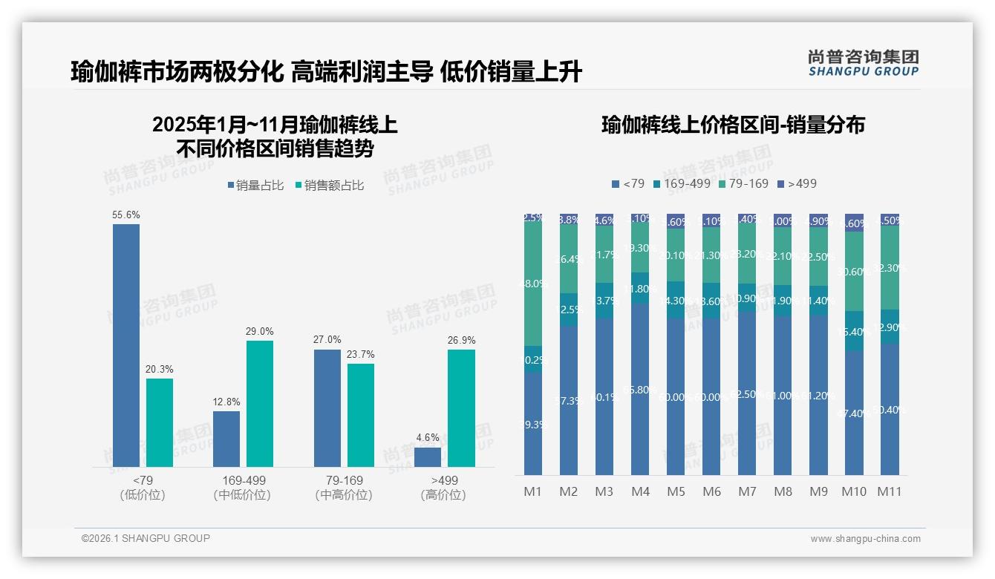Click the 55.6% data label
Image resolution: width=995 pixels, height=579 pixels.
point(126,215)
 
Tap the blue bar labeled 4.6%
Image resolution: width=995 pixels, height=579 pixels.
point(428,457)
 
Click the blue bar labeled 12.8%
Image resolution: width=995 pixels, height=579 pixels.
point(226,439)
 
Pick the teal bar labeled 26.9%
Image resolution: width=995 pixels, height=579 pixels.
point(461,408)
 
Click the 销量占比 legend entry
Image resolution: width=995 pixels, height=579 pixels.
point(255,186)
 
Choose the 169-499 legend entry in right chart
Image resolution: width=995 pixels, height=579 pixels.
point(682,183)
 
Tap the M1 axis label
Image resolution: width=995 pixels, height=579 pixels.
point(532,491)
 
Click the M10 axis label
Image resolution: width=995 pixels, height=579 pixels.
point(854,491)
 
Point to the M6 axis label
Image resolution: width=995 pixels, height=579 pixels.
point(711,491)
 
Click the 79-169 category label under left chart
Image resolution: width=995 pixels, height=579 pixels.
point(344,480)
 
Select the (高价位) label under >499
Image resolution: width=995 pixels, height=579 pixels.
point(443,495)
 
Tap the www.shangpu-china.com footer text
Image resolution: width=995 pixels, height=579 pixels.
point(865,539)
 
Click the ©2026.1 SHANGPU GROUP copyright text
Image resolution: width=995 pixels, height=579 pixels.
point(146,538)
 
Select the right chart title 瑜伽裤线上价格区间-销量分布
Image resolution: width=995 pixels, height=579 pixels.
point(733,125)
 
